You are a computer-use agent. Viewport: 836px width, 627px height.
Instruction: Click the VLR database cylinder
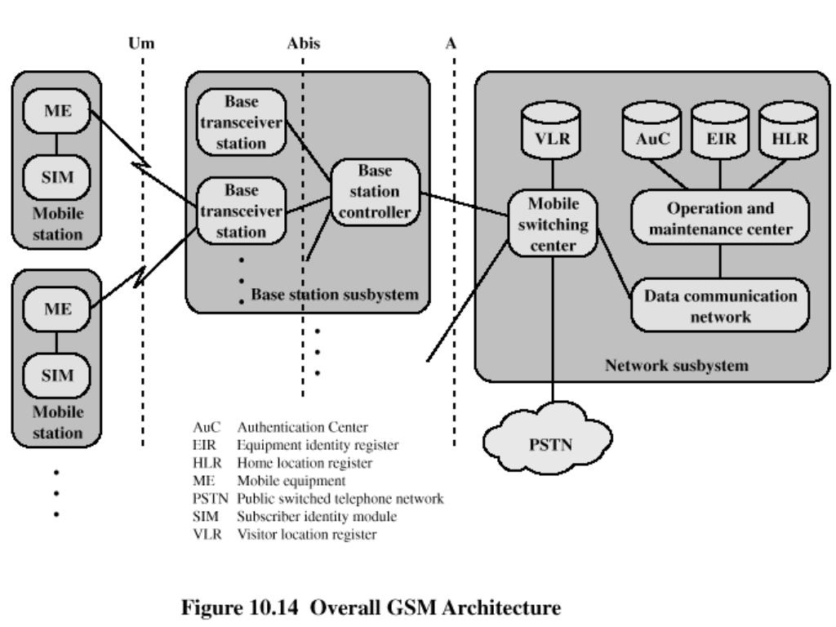point(551,130)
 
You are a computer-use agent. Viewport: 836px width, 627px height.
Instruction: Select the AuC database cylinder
point(651,130)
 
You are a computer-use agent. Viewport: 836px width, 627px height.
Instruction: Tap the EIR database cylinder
point(720,130)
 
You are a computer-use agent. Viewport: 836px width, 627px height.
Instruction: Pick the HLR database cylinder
point(789,130)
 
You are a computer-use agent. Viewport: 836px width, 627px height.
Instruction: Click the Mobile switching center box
point(553,224)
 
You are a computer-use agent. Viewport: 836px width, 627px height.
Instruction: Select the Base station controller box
point(375,192)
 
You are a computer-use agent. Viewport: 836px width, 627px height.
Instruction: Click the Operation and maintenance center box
point(720,217)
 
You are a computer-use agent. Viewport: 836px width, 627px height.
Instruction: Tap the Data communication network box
point(720,305)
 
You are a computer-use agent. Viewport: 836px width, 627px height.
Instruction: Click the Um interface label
point(141,42)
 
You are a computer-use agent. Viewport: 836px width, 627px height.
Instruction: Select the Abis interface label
point(304,42)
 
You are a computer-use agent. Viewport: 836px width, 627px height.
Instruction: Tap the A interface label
point(451,42)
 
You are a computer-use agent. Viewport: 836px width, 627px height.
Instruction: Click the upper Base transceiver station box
point(242,122)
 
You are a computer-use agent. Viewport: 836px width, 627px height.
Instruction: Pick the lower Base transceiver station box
point(242,211)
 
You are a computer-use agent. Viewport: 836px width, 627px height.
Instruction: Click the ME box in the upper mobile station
point(57,110)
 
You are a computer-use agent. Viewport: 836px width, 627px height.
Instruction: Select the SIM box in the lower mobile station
point(57,376)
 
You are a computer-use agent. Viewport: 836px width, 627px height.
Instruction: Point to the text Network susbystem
point(677,365)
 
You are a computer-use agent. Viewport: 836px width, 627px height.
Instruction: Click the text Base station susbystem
point(335,294)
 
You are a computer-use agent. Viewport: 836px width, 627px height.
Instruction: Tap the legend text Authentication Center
point(302,427)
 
